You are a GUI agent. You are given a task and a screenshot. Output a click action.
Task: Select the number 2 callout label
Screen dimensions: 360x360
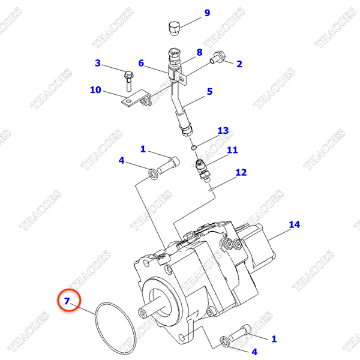click(x=238, y=64)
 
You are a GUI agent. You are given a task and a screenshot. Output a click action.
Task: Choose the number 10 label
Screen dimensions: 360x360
click(x=95, y=90)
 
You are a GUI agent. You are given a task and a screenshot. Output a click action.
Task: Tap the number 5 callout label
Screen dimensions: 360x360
click(x=210, y=92)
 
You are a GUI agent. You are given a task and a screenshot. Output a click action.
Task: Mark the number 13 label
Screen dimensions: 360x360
click(x=223, y=130)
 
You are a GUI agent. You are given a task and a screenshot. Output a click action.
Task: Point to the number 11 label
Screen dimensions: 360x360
click(x=232, y=150)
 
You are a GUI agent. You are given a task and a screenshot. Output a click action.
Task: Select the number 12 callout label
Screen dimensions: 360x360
click(x=241, y=172)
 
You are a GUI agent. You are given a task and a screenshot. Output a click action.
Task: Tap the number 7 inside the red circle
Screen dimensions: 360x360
click(x=67, y=301)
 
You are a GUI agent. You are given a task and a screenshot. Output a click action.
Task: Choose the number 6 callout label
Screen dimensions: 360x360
click(x=142, y=63)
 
